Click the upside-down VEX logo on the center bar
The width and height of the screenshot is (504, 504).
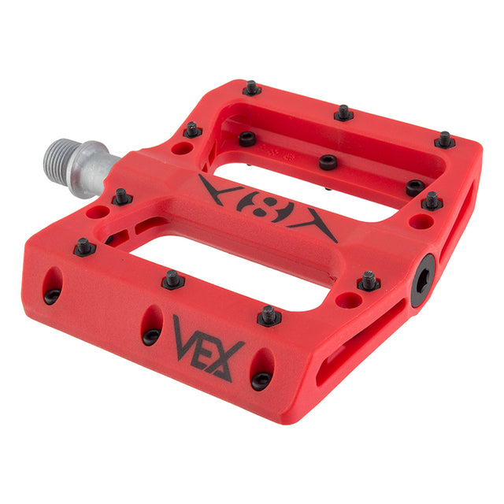pos(268,209)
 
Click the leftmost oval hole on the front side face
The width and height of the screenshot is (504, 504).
pos(52,287)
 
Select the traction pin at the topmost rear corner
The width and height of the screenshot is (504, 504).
pos(252,87)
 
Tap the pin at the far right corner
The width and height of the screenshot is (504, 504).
pos(445,140)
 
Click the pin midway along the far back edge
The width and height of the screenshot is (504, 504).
pos(343,113)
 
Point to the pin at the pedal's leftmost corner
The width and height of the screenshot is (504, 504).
pos(84,246)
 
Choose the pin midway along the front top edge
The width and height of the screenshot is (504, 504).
pos(172,279)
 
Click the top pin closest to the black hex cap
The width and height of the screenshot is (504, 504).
pos(368,280)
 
